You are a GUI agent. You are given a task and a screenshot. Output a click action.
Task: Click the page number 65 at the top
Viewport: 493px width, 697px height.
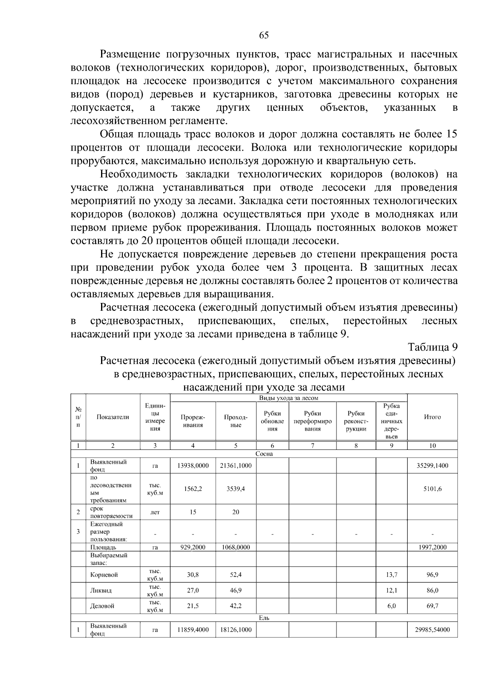click(264, 35)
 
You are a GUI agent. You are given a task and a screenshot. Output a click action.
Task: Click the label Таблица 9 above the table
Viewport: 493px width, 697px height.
click(432, 347)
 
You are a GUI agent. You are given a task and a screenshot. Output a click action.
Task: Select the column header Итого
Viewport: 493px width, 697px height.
click(432, 417)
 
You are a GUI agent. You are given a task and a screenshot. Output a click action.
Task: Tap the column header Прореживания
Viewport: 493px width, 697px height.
click(193, 421)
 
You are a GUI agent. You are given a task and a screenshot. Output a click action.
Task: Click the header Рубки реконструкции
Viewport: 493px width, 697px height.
click(356, 421)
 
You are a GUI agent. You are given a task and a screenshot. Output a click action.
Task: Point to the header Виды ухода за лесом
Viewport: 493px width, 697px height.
click(288, 398)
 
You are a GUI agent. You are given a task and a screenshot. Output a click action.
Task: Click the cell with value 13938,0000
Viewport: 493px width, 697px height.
click(193, 465)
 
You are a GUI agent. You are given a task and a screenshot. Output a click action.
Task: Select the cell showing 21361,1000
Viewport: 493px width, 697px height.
click(235, 465)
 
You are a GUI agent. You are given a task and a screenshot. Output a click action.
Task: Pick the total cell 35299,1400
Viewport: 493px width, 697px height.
click(432, 465)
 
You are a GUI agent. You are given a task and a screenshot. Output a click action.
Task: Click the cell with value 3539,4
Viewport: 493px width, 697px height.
click(235, 489)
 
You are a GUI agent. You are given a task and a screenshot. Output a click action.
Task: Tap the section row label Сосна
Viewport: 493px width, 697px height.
click(264, 454)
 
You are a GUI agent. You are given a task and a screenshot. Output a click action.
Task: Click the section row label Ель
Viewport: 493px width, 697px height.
click(264, 617)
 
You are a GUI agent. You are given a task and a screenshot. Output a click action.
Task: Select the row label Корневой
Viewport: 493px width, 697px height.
click(104, 575)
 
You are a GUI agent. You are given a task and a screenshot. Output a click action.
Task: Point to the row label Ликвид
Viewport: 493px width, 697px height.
click(101, 590)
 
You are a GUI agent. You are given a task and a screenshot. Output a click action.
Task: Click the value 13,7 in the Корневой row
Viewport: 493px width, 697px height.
click(392, 575)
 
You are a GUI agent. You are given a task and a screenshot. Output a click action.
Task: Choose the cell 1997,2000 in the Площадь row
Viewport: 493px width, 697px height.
click(432, 547)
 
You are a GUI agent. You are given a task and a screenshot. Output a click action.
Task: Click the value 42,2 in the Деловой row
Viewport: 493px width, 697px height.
click(235, 606)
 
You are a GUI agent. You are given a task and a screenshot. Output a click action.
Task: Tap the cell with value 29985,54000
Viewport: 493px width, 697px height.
click(432, 630)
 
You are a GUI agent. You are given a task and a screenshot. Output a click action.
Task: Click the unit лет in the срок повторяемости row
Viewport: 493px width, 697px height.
click(155, 512)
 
